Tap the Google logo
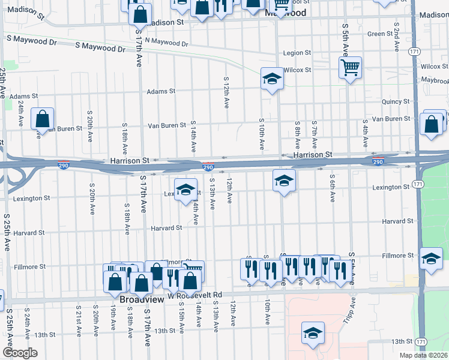point(20,353)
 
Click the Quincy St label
point(396,102)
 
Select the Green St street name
point(380,34)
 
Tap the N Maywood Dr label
point(162,42)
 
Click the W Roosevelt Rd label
point(195,295)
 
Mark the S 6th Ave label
point(331,188)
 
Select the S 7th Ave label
point(314,134)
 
